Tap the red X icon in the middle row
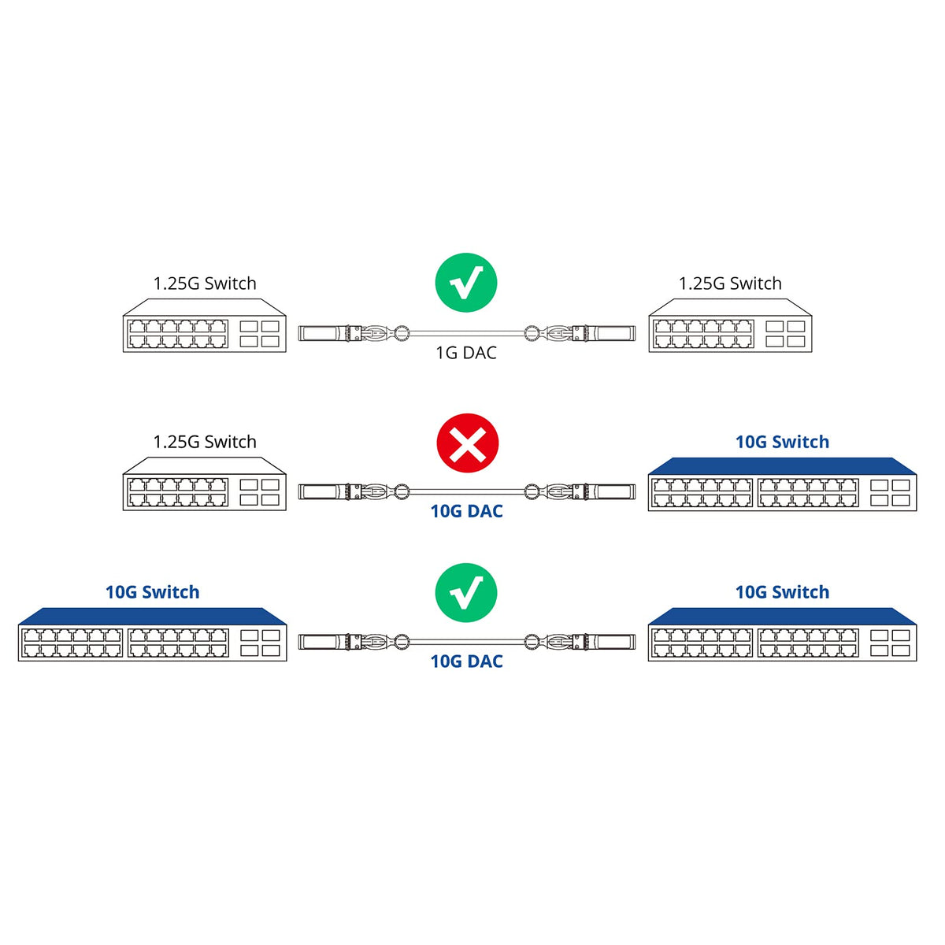pyautogui.click(x=468, y=445)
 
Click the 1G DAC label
pyautogui.click(x=466, y=353)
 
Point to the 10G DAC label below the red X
pyautogui.click(x=466, y=511)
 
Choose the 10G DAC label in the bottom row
pyautogui.click(x=466, y=661)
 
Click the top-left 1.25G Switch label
pyautogui.click(x=205, y=283)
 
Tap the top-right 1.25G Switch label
pyautogui.click(x=730, y=283)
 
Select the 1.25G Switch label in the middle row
pyautogui.click(x=205, y=442)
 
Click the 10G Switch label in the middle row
pyautogui.click(x=782, y=442)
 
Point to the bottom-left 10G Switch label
pyautogui.click(x=153, y=592)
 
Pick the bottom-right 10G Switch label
pyautogui.click(x=782, y=592)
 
